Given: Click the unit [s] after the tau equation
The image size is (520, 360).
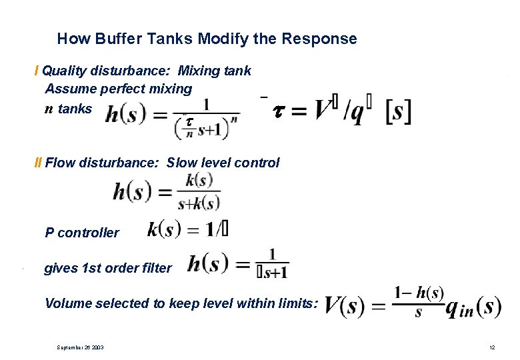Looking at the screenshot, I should point(398,111).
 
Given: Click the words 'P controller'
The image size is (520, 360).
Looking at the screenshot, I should point(81,233).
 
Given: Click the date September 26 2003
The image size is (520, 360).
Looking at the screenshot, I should point(81,347).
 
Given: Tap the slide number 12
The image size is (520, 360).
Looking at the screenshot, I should point(492,347).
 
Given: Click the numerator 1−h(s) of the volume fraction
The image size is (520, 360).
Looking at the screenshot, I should point(418,293).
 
